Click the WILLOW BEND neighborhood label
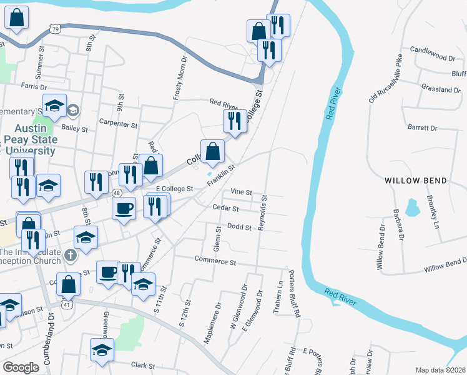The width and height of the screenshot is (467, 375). tap(416, 181)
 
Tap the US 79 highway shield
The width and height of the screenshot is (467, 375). tap(56, 29)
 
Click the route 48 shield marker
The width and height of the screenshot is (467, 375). tap(117, 193)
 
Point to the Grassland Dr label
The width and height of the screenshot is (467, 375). tap(441, 89)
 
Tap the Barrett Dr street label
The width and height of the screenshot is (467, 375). tap(422, 127)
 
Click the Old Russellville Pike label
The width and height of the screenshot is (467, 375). tap(385, 78)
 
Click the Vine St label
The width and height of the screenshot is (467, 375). tap(241, 192)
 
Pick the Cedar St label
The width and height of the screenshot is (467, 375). tap(222, 207)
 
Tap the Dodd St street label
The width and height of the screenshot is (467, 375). tap(239, 227)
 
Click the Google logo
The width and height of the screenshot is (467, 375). tap(21, 367)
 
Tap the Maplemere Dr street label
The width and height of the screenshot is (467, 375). tap(212, 323)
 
